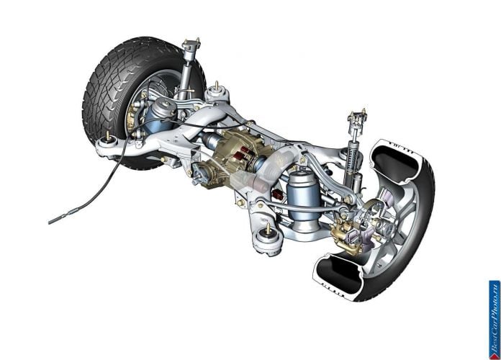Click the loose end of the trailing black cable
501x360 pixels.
point(50,222)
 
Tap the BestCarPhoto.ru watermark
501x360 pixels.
point(495,320)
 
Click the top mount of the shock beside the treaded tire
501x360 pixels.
point(191,45)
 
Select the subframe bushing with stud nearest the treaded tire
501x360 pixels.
point(109,145)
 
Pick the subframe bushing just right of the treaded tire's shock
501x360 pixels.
point(217,94)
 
